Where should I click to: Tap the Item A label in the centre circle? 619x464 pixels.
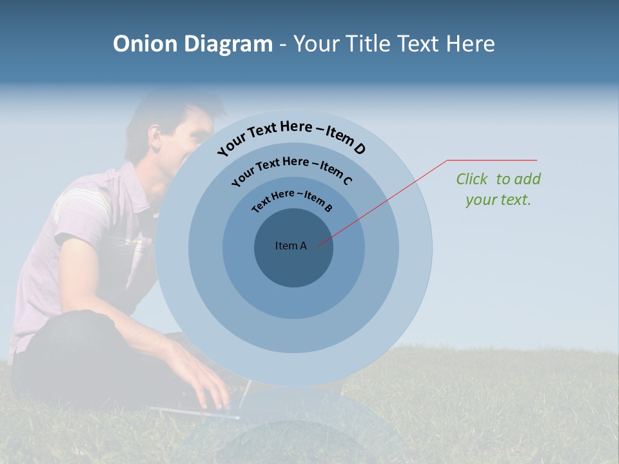(291, 246)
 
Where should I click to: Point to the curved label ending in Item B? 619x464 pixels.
(292, 199)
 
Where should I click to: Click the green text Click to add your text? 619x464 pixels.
(498, 189)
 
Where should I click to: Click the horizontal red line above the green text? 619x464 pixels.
(493, 160)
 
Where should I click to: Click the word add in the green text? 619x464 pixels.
(528, 179)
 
